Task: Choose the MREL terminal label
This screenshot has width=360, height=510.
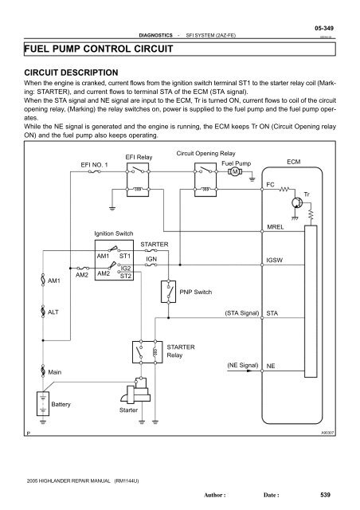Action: [276, 228]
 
